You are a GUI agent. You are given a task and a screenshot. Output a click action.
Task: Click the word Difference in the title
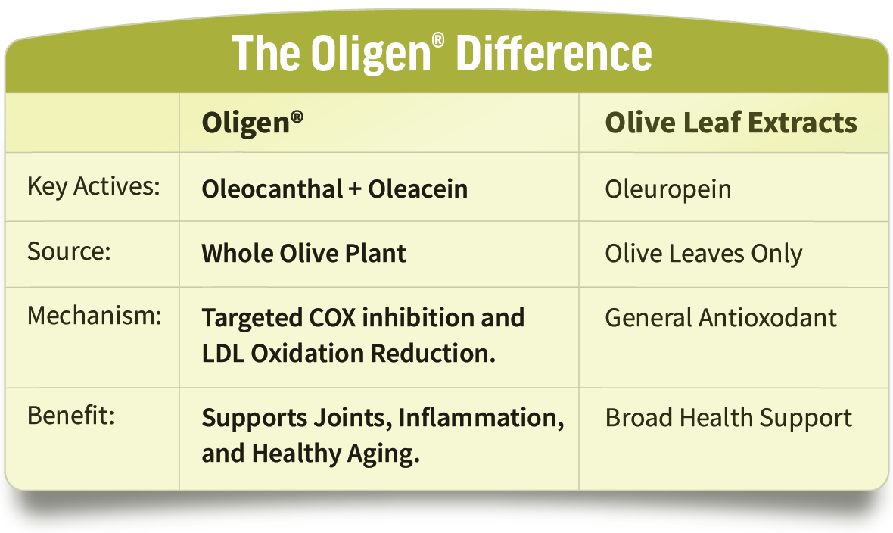coord(553,54)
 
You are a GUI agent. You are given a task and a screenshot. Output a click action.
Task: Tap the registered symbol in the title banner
coord(438,40)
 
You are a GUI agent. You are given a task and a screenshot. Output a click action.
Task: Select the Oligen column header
coord(252,123)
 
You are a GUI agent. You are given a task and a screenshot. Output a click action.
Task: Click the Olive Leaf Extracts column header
coord(731,123)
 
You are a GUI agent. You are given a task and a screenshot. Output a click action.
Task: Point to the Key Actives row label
coord(93,187)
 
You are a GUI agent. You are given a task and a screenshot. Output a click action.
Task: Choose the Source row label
coord(69,251)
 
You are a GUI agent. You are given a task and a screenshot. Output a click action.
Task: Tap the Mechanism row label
coord(95,316)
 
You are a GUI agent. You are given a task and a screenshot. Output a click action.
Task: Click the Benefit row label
coord(70,416)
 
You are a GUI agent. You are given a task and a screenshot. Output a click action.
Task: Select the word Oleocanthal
coord(272,189)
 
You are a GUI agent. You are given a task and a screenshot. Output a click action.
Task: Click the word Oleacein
coord(418,189)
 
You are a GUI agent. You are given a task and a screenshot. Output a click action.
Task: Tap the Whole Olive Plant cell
coord(303,253)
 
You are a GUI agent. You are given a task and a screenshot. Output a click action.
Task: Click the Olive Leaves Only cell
coord(703,254)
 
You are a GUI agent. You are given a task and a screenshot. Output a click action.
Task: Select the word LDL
coord(223,354)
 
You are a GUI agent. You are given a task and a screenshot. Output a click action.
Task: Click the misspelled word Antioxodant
coord(767,318)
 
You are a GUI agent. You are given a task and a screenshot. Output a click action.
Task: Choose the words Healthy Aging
coord(335,454)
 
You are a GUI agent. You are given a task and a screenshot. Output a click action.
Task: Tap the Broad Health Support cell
coord(729,419)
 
